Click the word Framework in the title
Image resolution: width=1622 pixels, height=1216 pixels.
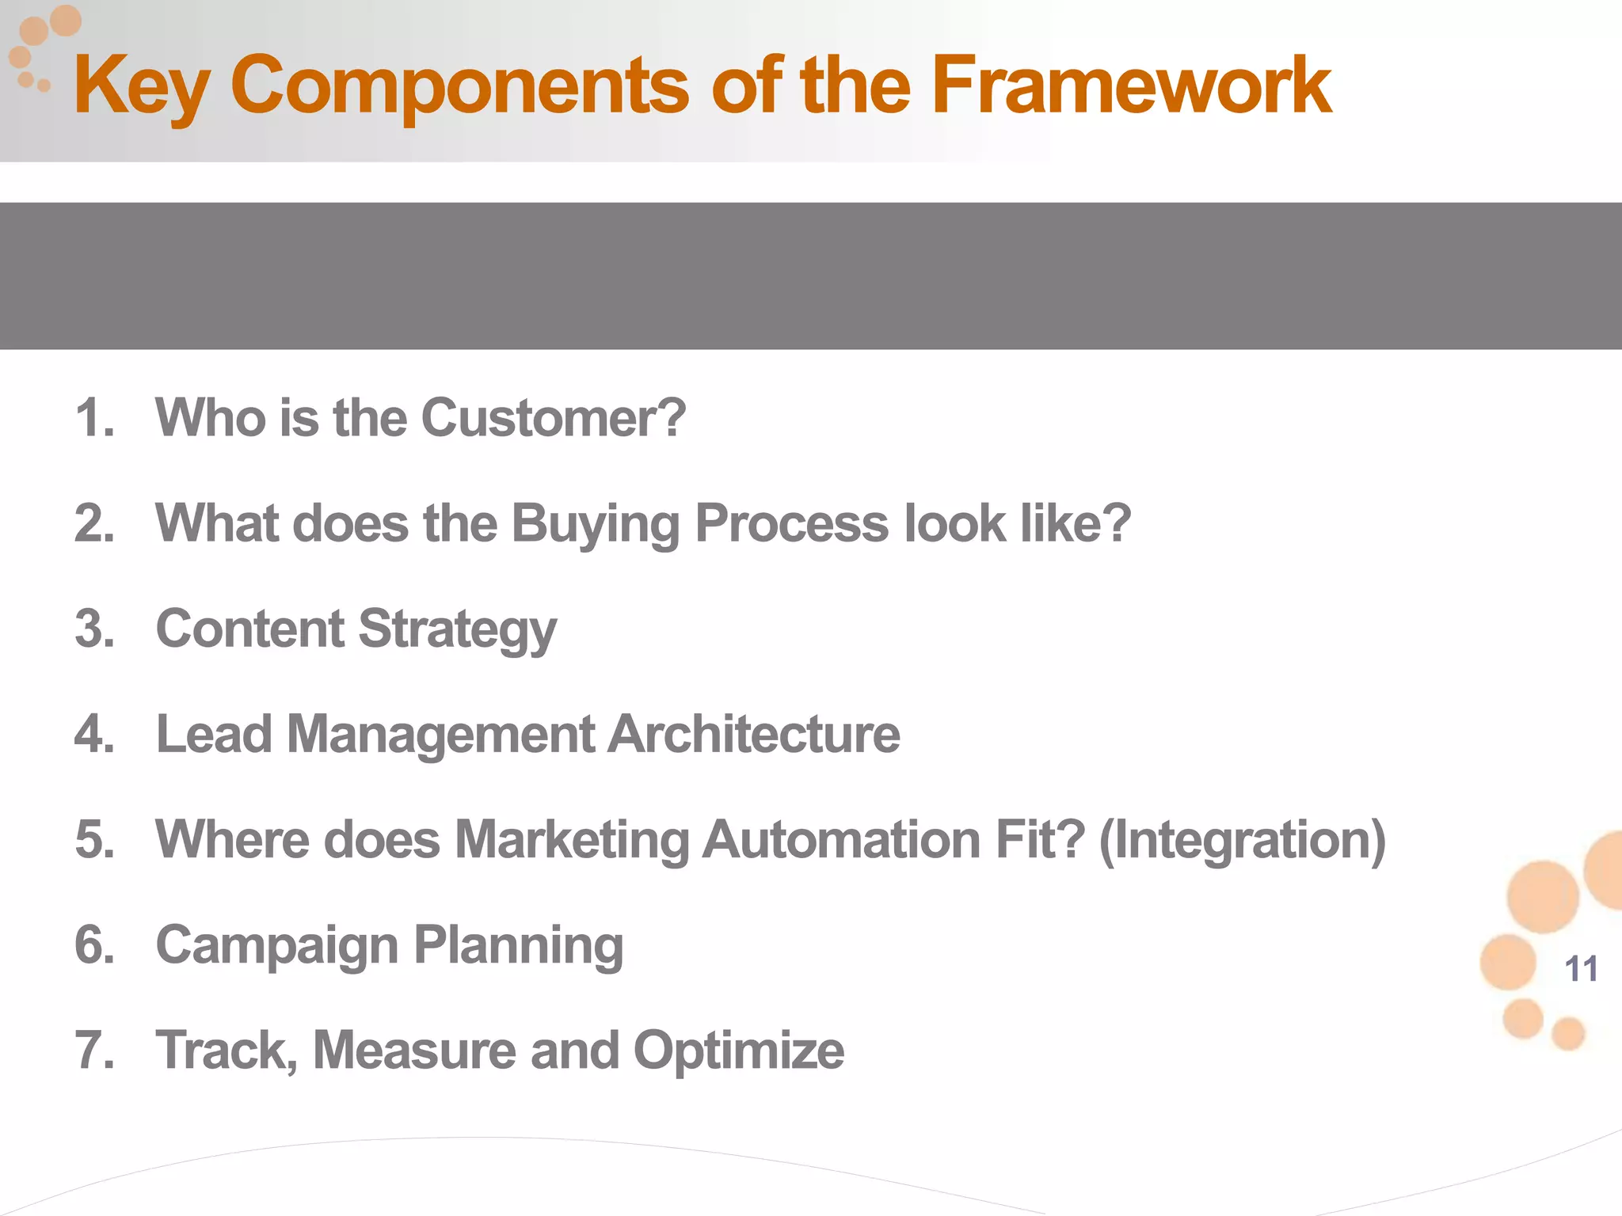pyautogui.click(x=1131, y=85)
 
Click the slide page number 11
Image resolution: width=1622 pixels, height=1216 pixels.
pyautogui.click(x=1581, y=969)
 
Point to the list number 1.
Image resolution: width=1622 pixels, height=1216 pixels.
pyautogui.click(x=94, y=418)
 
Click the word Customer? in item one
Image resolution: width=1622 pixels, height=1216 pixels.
pyautogui.click(x=553, y=418)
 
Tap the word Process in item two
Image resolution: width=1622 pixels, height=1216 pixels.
pyautogui.click(x=791, y=524)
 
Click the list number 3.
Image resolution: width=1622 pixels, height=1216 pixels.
pyautogui.click(x=94, y=629)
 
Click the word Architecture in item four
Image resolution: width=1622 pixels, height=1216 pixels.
pyautogui.click(x=753, y=734)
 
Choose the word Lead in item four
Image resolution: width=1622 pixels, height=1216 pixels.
pyautogui.click(x=214, y=734)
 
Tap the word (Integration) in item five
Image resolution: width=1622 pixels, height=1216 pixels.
pyautogui.click(x=1242, y=840)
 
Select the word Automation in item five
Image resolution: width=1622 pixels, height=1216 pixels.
pyautogui.click(x=841, y=839)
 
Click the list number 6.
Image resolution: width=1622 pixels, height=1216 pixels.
pyautogui.click(x=94, y=944)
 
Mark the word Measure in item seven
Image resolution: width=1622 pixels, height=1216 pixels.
pyautogui.click(x=414, y=1051)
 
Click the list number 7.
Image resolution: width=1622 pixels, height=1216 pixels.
pyautogui.click(x=94, y=1051)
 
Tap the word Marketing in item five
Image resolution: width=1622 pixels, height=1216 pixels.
pyautogui.click(x=572, y=841)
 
